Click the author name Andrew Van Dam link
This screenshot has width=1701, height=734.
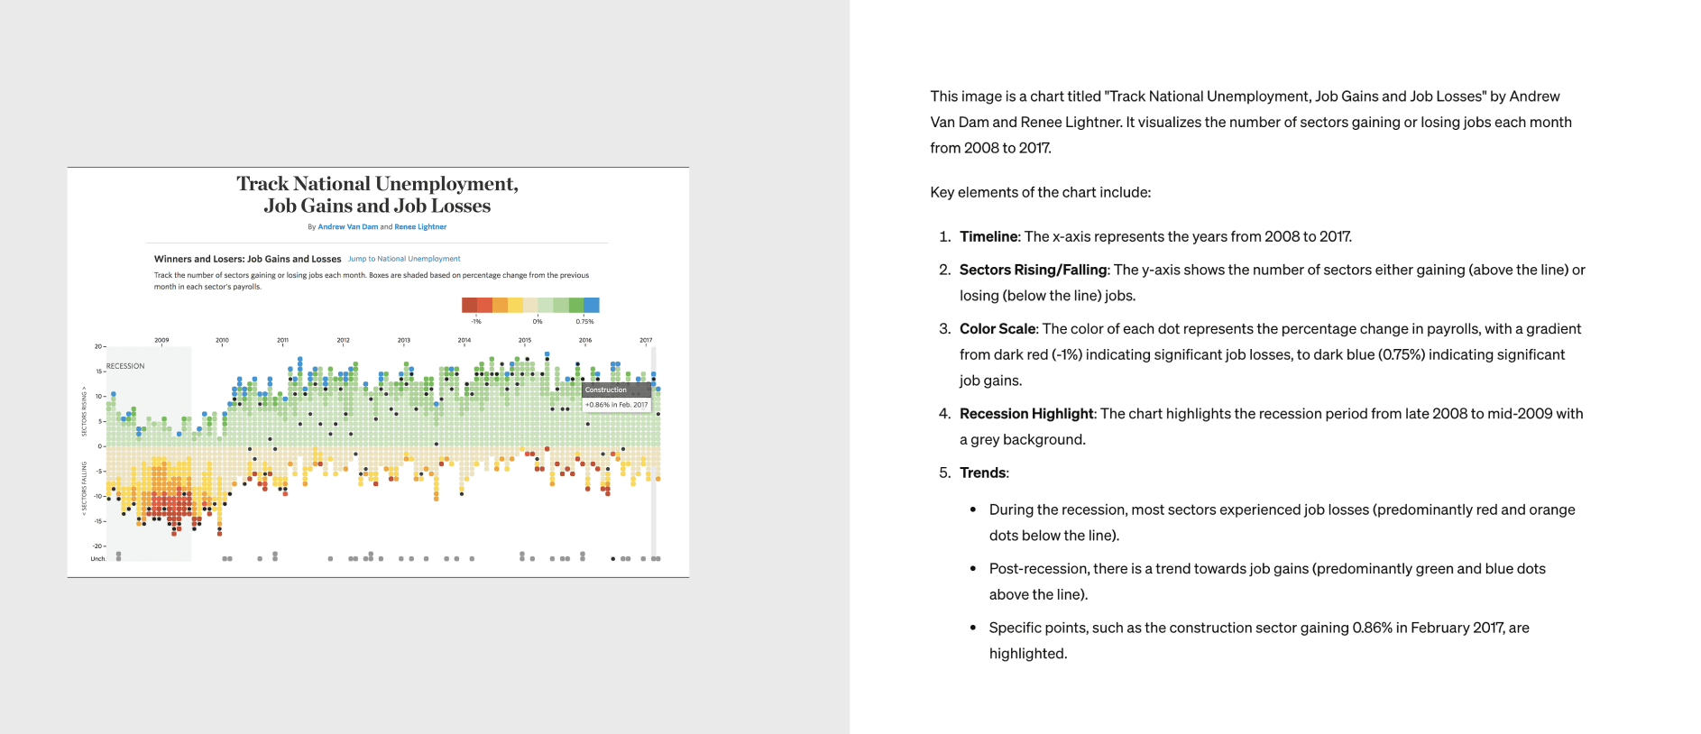coord(347,227)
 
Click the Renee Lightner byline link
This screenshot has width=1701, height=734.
coord(420,227)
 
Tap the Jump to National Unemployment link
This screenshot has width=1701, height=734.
coord(404,259)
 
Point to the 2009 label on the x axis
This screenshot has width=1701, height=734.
coord(161,340)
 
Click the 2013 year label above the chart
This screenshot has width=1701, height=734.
coord(403,340)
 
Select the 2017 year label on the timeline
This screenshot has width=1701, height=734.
coord(646,340)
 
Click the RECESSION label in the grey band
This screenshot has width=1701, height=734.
coord(125,366)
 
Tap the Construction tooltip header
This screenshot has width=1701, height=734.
coord(606,390)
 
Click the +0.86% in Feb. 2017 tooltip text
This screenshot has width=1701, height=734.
coord(617,405)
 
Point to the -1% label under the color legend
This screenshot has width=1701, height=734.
coord(476,321)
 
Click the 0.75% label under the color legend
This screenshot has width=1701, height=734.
coord(584,321)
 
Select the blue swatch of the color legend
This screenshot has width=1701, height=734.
coord(592,305)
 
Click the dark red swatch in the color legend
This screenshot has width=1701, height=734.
coord(469,305)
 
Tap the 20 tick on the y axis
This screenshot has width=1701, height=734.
coord(97,346)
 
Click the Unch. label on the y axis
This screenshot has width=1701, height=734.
coord(97,559)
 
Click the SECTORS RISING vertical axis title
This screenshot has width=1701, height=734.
coord(85,411)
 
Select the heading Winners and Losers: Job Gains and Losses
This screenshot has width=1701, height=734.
coord(247,259)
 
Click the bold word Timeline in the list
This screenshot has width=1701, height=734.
coord(988,236)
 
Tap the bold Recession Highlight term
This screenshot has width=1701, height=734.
coord(1026,414)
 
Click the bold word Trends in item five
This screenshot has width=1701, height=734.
coord(982,473)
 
